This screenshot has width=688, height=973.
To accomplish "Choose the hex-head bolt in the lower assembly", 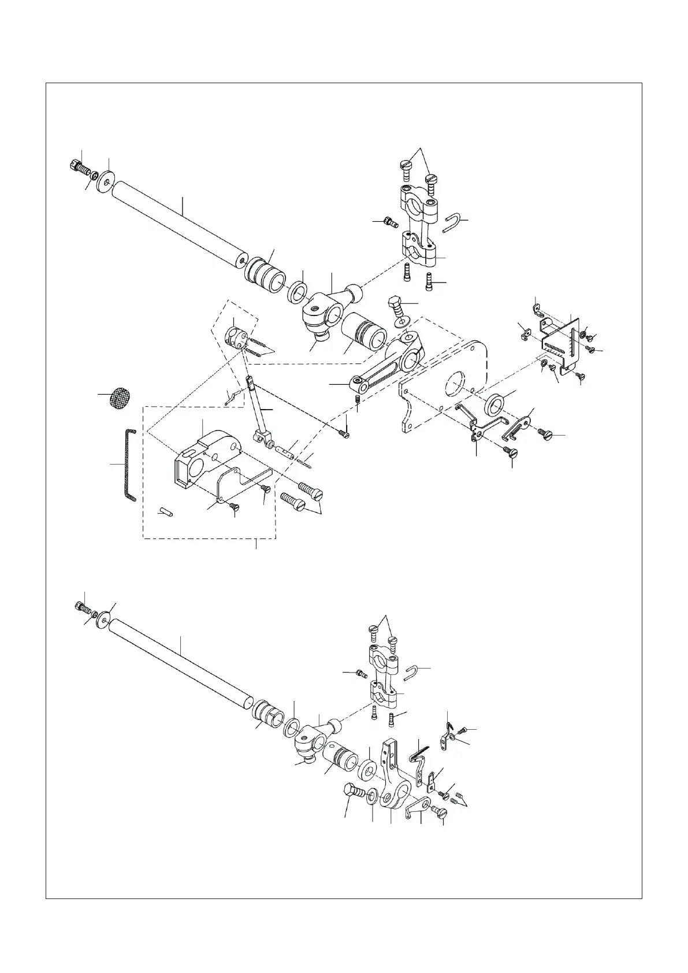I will point(353,792).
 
